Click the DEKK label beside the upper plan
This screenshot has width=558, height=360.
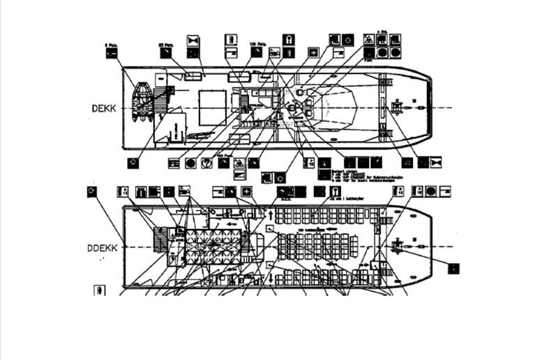[x=103, y=108]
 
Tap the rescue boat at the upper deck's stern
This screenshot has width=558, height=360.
[x=143, y=102]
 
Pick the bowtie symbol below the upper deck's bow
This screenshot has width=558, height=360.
[x=437, y=163]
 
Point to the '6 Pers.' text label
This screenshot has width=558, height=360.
[x=110, y=45]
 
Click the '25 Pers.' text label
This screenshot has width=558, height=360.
[x=165, y=45]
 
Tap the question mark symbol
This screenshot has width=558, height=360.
[x=206, y=163]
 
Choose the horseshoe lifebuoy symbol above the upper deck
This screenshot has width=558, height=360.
[x=287, y=39]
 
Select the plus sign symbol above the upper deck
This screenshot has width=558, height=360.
[x=314, y=52]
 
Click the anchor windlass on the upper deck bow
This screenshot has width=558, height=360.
[x=398, y=107]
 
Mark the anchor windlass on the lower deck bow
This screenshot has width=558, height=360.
[x=398, y=246]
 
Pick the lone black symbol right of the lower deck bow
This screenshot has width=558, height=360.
[x=453, y=267]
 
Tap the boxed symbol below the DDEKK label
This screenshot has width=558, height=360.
[x=100, y=290]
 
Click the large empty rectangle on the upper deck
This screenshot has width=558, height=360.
[x=211, y=107]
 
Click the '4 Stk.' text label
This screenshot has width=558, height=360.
[x=382, y=32]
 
